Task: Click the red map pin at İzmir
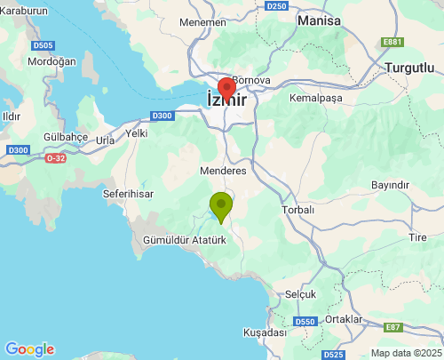point(226,91)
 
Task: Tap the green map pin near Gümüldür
point(220,206)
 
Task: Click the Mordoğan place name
point(52,61)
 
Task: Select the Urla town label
point(105,140)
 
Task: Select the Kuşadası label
point(267,332)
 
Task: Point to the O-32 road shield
point(55,158)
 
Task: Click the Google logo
point(29,349)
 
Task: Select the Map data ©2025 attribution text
point(405,353)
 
